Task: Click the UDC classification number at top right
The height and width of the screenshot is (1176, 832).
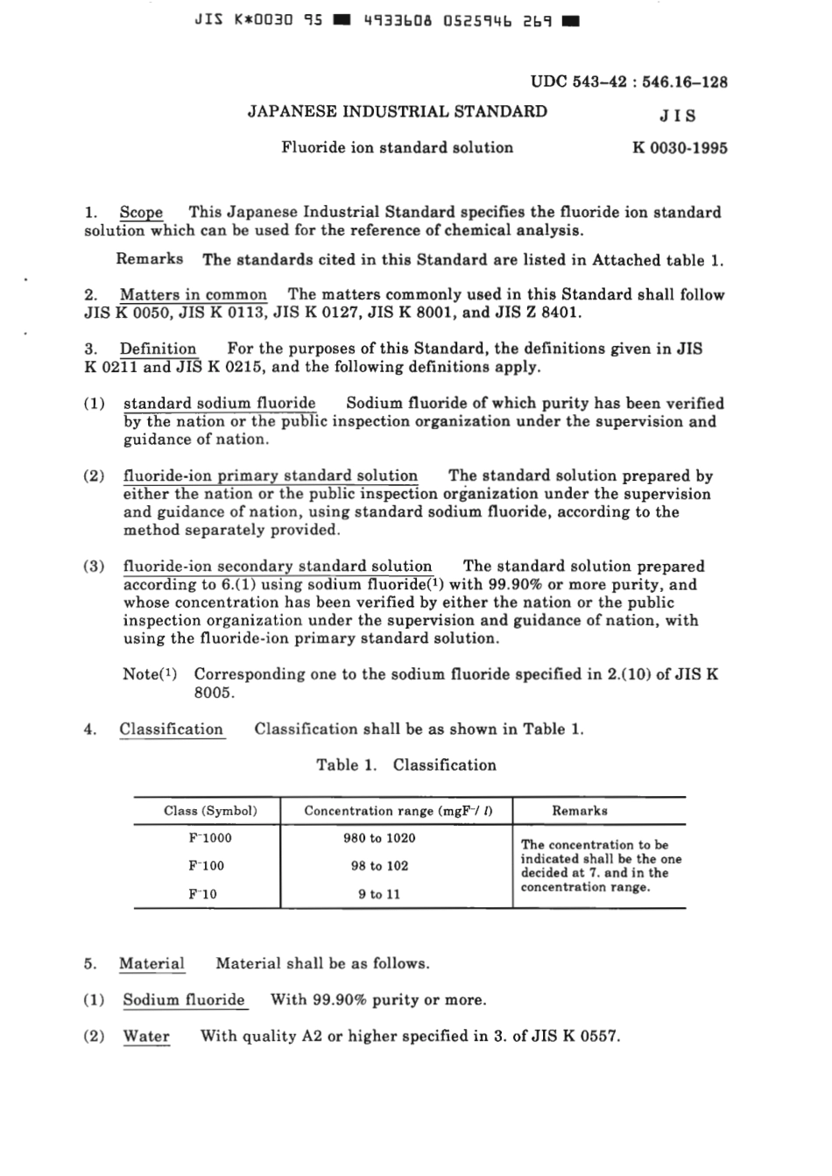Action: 629,82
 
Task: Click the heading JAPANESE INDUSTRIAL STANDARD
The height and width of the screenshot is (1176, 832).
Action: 398,111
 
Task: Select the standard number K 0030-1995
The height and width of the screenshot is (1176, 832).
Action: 680,147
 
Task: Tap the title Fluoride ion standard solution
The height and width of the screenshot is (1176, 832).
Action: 398,147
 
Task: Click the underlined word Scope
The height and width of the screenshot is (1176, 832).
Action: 141,212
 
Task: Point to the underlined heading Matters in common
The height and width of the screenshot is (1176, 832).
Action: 194,294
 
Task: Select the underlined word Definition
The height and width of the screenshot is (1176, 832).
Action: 158,349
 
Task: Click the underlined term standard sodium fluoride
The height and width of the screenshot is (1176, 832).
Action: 220,403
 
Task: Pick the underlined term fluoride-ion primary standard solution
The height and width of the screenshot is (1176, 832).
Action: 271,475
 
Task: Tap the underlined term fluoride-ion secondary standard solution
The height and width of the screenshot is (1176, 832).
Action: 278,566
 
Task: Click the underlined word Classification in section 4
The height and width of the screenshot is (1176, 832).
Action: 172,729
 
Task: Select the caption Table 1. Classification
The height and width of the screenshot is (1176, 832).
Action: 406,764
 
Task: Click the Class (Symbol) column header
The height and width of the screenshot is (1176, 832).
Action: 210,811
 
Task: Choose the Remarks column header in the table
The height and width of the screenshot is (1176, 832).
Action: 580,811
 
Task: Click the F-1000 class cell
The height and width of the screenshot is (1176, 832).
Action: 210,838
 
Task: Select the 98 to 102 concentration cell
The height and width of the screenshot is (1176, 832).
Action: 379,866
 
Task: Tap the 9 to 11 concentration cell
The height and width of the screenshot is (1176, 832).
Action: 379,894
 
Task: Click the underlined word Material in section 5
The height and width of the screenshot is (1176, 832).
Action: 152,963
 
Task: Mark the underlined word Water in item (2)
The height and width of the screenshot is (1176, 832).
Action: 146,1036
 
